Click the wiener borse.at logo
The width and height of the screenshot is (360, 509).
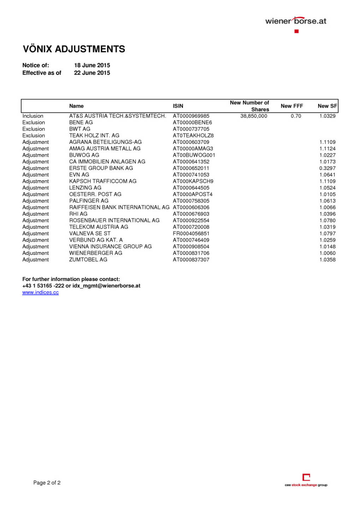296,22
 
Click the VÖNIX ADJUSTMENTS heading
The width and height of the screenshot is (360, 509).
74,49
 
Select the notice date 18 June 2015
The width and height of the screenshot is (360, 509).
92,65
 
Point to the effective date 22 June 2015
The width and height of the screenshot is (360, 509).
92,73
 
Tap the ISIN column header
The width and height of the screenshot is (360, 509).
178,106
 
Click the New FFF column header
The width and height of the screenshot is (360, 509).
292,106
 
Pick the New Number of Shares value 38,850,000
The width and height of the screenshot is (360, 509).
254,116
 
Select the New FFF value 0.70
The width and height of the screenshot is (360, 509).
296,116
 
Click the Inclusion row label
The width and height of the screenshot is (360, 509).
33,116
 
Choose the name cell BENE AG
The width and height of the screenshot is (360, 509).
81,123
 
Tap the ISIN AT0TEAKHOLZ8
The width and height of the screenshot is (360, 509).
193,136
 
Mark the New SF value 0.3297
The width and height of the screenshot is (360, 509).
327,168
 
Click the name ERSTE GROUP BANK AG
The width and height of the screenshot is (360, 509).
101,168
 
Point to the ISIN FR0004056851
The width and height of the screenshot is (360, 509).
191,234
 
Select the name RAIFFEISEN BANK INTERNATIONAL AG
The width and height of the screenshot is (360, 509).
119,207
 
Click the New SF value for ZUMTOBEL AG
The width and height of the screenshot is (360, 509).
327,260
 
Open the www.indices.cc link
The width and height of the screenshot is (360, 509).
41,293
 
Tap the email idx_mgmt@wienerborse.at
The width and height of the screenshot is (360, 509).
106,286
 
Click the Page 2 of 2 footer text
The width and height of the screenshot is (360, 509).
47,483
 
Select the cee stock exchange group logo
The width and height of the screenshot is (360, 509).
306,480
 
